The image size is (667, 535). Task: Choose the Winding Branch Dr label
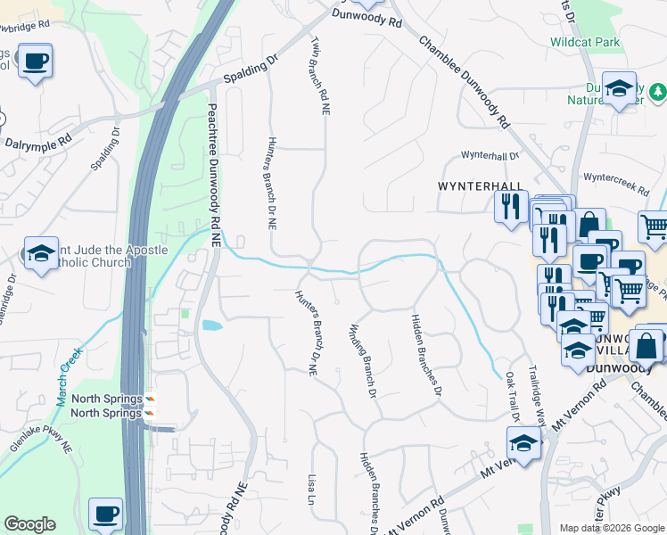[365, 360]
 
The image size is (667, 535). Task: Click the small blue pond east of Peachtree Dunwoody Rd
[212, 325]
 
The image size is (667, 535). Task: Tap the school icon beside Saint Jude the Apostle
[41, 253]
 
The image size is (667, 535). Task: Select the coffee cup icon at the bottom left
[106, 514]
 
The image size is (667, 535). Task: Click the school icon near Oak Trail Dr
[523, 443]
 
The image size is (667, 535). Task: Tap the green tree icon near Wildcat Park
[658, 91]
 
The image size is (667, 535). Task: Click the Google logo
[29, 524]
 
